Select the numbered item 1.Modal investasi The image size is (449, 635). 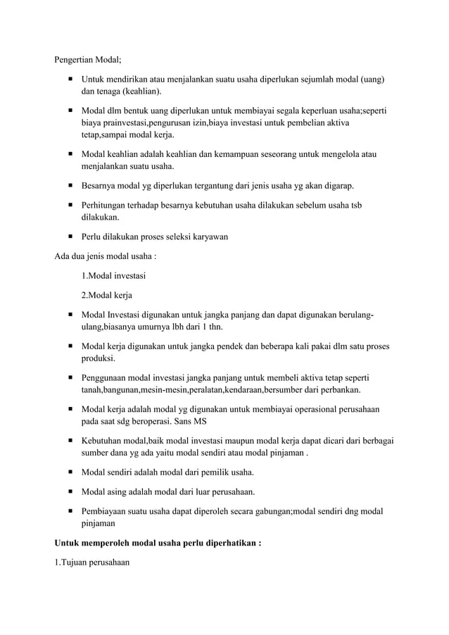click(113, 275)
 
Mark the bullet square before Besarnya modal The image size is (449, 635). click(72, 186)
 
